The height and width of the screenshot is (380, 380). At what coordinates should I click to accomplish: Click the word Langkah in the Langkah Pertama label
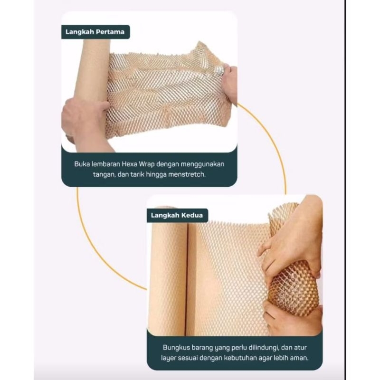(79, 32)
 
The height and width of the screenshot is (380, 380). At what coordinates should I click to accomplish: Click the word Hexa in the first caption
(129, 164)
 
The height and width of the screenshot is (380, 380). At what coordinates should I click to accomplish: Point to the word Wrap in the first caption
(147, 164)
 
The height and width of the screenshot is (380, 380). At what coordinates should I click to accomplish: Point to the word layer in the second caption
(169, 358)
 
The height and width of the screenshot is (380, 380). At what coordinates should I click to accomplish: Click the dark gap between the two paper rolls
(187, 279)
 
